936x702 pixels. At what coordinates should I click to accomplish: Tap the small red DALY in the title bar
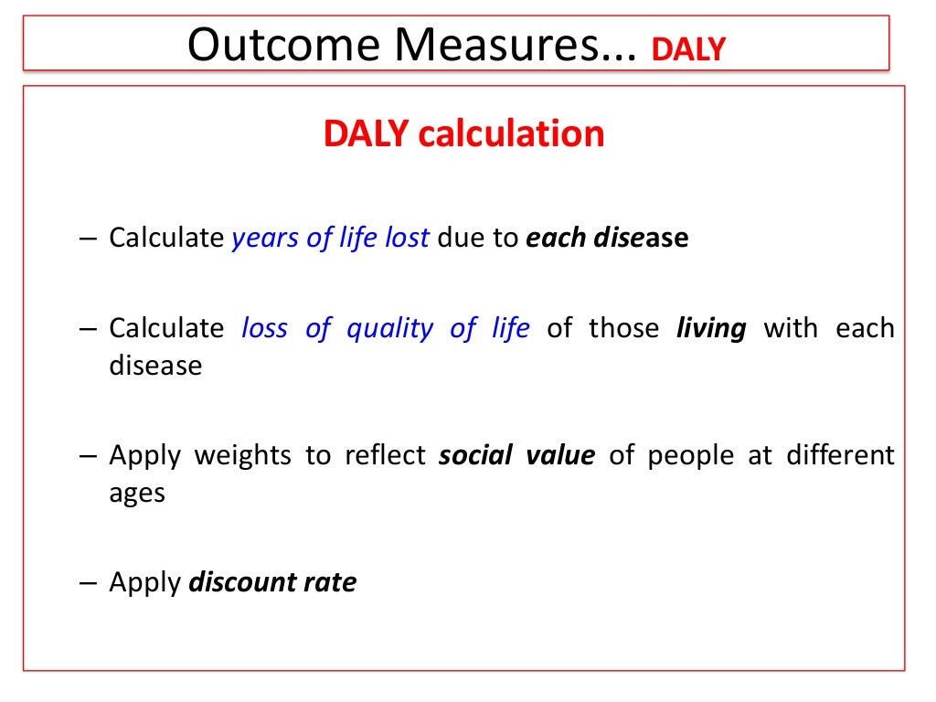687,48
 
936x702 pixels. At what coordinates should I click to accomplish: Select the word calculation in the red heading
511,134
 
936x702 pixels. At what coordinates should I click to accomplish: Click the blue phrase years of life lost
330,238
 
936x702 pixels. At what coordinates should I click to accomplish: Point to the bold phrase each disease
606,238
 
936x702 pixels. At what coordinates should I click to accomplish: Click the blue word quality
389,328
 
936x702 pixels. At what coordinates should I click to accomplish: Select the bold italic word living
711,328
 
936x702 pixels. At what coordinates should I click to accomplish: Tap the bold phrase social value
516,454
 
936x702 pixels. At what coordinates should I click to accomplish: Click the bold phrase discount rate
271,582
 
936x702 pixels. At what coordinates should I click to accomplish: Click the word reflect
385,454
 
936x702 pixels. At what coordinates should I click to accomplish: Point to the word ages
137,494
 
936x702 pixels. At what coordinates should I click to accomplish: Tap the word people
690,454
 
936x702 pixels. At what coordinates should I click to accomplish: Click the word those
623,328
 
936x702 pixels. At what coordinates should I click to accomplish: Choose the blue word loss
264,328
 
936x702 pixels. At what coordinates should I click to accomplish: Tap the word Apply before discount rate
144,582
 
